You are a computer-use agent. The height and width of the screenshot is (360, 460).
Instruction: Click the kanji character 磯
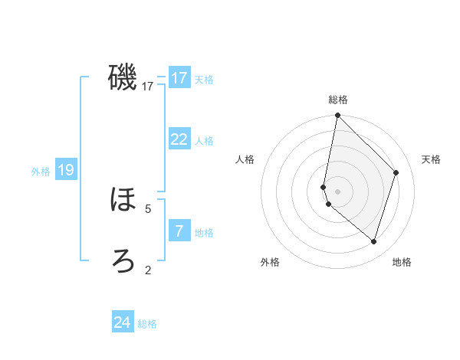[123, 77]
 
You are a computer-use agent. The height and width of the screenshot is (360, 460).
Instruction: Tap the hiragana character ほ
[123, 200]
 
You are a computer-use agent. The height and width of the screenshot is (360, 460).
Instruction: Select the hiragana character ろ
[123, 260]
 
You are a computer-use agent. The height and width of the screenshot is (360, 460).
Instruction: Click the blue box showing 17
[179, 78]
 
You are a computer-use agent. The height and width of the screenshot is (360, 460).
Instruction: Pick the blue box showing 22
[179, 139]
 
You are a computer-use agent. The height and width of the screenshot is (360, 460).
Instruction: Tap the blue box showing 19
[66, 170]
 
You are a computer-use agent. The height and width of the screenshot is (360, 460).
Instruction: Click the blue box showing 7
[179, 231]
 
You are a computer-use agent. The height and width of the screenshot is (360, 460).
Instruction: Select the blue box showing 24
[123, 322]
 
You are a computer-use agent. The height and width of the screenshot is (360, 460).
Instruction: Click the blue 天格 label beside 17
[203, 79]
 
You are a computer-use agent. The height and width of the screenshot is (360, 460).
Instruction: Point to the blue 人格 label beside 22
[203, 140]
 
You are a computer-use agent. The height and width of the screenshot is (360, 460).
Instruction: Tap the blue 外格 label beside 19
[41, 172]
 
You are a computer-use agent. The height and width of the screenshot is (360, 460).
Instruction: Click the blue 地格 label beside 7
[203, 232]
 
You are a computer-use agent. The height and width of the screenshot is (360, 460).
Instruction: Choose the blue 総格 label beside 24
[147, 324]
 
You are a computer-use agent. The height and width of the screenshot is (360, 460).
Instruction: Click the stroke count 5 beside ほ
[148, 208]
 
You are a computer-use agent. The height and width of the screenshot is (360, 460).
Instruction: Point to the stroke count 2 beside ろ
[148, 270]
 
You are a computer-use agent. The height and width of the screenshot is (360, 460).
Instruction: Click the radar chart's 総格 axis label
[338, 100]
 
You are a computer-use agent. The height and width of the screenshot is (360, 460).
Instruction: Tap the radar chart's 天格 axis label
[431, 159]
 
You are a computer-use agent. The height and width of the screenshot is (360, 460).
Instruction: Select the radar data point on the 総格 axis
[338, 116]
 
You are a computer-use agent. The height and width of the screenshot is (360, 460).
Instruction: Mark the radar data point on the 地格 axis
[373, 241]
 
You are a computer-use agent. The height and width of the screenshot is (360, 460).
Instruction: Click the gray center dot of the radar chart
[338, 191]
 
